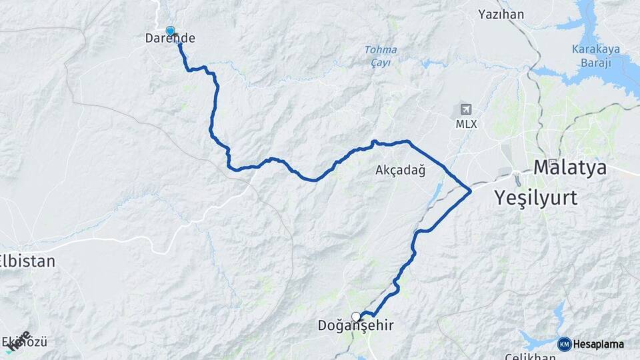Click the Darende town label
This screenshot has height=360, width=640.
pyautogui.click(x=170, y=39)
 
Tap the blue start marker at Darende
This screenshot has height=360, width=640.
pyautogui.click(x=170, y=31)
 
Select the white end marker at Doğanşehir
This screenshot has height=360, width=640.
pyautogui.click(x=356, y=316)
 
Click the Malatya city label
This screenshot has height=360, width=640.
pyautogui.click(x=570, y=167)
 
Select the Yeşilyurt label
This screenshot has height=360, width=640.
pyautogui.click(x=535, y=197)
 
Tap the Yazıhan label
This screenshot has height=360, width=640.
pyautogui.click(x=501, y=14)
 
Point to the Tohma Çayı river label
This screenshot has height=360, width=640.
pyautogui.click(x=381, y=56)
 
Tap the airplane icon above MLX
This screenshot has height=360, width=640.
pyautogui.click(x=465, y=109)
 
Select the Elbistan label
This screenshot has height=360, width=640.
pyautogui.click(x=27, y=261)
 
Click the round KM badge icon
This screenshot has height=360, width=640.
pyautogui.click(x=565, y=344)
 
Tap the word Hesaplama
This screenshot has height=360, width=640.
pyautogui.click(x=599, y=344)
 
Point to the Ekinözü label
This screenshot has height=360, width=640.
pyautogui.click(x=27, y=343)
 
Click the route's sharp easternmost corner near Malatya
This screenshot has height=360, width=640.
pyautogui.click(x=471, y=191)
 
